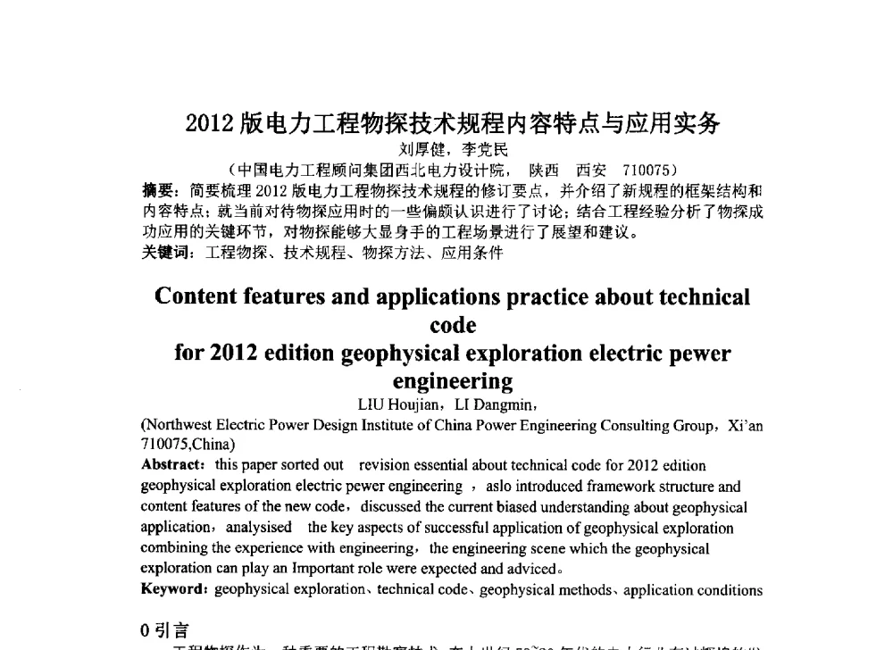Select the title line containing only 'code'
pos(453,325)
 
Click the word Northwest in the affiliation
pos(175,426)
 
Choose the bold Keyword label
pos(174,589)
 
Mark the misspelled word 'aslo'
pos(501,487)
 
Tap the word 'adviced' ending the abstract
pos(533,569)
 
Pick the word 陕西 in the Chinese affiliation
pos(545,169)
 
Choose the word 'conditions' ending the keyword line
pos(732,589)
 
